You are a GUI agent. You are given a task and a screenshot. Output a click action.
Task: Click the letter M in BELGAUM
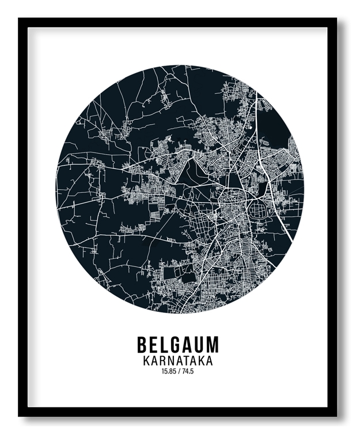pos(212,344)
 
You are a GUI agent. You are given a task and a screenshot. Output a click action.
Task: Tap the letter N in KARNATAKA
pos(171,361)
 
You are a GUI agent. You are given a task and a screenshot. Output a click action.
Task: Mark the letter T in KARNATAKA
pos(187,361)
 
